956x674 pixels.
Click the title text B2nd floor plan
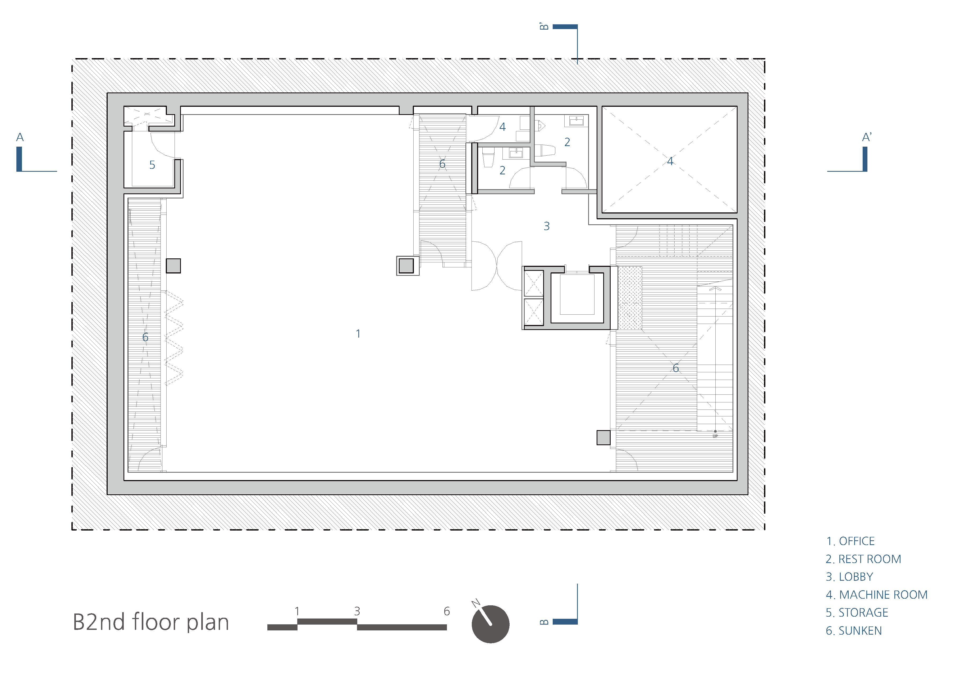click(x=151, y=622)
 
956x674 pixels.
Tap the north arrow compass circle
click(x=491, y=624)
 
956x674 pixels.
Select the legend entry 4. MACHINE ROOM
click(x=876, y=595)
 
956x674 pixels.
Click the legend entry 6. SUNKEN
click(x=854, y=631)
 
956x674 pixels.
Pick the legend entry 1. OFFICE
click(x=850, y=541)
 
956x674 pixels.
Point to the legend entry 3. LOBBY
click(x=849, y=577)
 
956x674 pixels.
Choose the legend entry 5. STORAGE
click(x=857, y=613)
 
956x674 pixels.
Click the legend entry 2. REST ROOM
click(x=863, y=559)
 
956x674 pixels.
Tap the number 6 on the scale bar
click(x=447, y=611)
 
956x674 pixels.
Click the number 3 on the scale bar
click(x=357, y=611)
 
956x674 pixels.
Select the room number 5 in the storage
click(x=152, y=165)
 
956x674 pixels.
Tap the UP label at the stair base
click(x=715, y=436)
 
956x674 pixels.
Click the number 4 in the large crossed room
click(x=670, y=161)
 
